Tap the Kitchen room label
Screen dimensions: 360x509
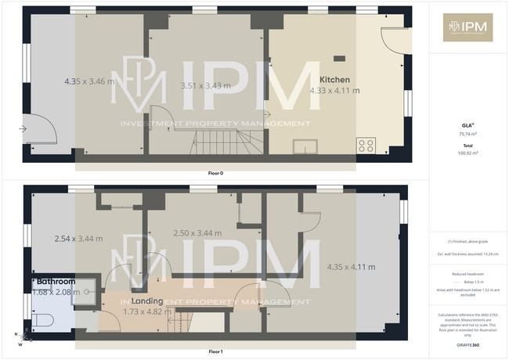tap(334, 80)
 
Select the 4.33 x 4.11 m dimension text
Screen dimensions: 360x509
tap(334, 91)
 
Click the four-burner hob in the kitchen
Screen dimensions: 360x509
tap(366, 145)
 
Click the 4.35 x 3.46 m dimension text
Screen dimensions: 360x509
tap(88, 81)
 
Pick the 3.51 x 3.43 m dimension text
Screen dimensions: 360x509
tap(204, 86)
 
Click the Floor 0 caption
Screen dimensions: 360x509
tap(215, 172)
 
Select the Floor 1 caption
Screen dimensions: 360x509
tap(215, 351)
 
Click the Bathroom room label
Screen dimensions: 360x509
tap(56, 282)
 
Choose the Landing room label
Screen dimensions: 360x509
tap(148, 301)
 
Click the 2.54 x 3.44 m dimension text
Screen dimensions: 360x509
tap(78, 239)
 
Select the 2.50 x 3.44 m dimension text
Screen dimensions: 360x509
tap(197, 233)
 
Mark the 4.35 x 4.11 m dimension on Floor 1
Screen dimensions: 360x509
tap(350, 268)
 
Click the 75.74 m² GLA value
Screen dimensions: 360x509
tap(467, 134)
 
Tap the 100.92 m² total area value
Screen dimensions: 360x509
tap(467, 153)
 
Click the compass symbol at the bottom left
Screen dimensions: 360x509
tap(24, 337)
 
